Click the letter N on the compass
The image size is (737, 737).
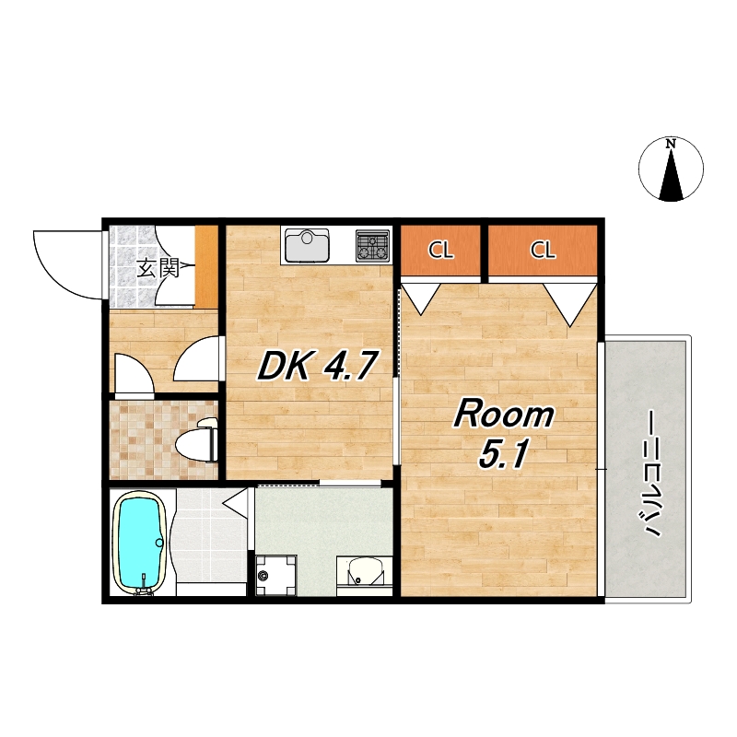pos(671,144)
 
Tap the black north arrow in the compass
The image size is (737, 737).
pos(671,176)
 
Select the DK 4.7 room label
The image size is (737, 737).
pos(318,366)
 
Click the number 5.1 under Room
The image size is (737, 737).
pos(503,454)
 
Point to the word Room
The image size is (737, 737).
pos(503,414)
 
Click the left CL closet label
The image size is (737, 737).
pos(440,250)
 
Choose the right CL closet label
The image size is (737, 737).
pos(543,250)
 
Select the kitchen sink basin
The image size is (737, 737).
pos(307,245)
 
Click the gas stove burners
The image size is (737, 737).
pos(373,245)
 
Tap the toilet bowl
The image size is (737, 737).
pos(196,440)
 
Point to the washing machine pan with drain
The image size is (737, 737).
pos(275,575)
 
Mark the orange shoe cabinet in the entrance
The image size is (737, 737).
pos(206,266)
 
